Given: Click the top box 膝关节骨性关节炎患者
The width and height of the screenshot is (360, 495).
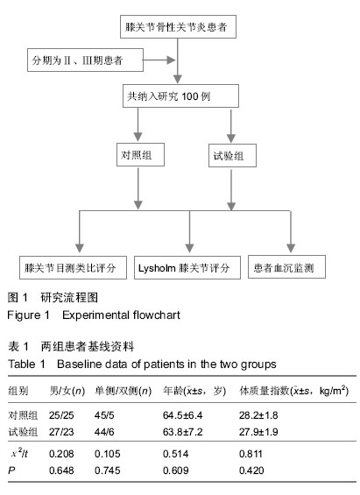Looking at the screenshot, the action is (x=178, y=27).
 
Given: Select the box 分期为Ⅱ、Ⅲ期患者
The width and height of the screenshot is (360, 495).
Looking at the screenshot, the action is (x=85, y=60).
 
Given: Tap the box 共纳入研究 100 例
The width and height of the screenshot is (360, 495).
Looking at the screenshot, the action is (x=180, y=96).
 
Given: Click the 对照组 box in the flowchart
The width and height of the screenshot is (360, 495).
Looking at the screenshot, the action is (x=140, y=155).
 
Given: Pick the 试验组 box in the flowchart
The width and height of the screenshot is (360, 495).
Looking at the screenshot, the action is (x=232, y=156).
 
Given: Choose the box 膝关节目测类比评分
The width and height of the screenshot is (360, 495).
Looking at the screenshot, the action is (x=73, y=268).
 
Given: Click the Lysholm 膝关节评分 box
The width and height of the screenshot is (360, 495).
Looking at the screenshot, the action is (x=187, y=268).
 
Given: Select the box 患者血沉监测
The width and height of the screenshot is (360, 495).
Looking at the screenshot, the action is (x=286, y=267).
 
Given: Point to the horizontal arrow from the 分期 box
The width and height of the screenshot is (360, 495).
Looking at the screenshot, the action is (x=159, y=60).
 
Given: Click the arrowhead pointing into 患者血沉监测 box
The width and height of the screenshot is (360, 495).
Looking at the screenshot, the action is (x=291, y=248).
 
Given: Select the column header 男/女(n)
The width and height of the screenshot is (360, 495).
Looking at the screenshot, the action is (x=67, y=391).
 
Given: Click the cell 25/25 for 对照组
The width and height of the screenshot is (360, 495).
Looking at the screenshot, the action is (x=61, y=415).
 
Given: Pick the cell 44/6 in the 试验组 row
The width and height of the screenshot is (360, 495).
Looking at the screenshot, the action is (x=104, y=432).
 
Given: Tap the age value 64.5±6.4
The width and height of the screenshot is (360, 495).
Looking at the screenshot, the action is (x=182, y=415).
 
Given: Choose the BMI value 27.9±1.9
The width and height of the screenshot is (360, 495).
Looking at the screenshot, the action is (x=258, y=432).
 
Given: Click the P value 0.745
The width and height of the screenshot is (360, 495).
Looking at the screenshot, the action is (x=107, y=470).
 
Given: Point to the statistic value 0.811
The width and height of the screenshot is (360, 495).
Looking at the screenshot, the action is (x=251, y=454).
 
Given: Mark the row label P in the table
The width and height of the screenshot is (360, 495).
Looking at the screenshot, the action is (x=11, y=470).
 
